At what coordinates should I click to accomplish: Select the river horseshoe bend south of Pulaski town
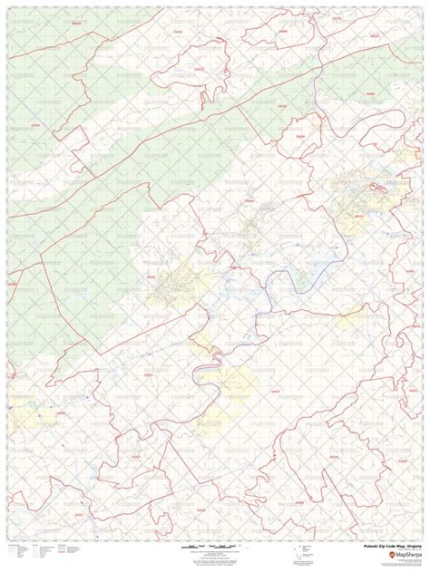point(204,372)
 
